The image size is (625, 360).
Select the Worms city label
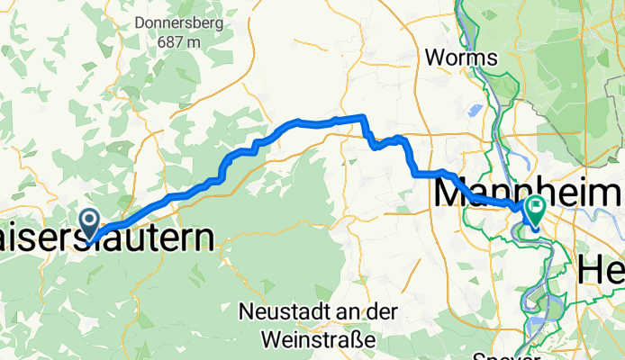pyautogui.click(x=460, y=58)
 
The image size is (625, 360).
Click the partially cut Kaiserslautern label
pyautogui.click(x=108, y=238)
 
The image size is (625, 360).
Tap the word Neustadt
pyautogui.click(x=283, y=312)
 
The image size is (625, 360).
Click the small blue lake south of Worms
pyautogui.click(x=474, y=112)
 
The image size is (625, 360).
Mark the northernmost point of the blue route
pyautogui.click(x=361, y=115)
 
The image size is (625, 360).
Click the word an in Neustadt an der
pyautogui.click(x=338, y=312)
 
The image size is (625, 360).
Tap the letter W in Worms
pyautogui.click(x=434, y=58)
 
